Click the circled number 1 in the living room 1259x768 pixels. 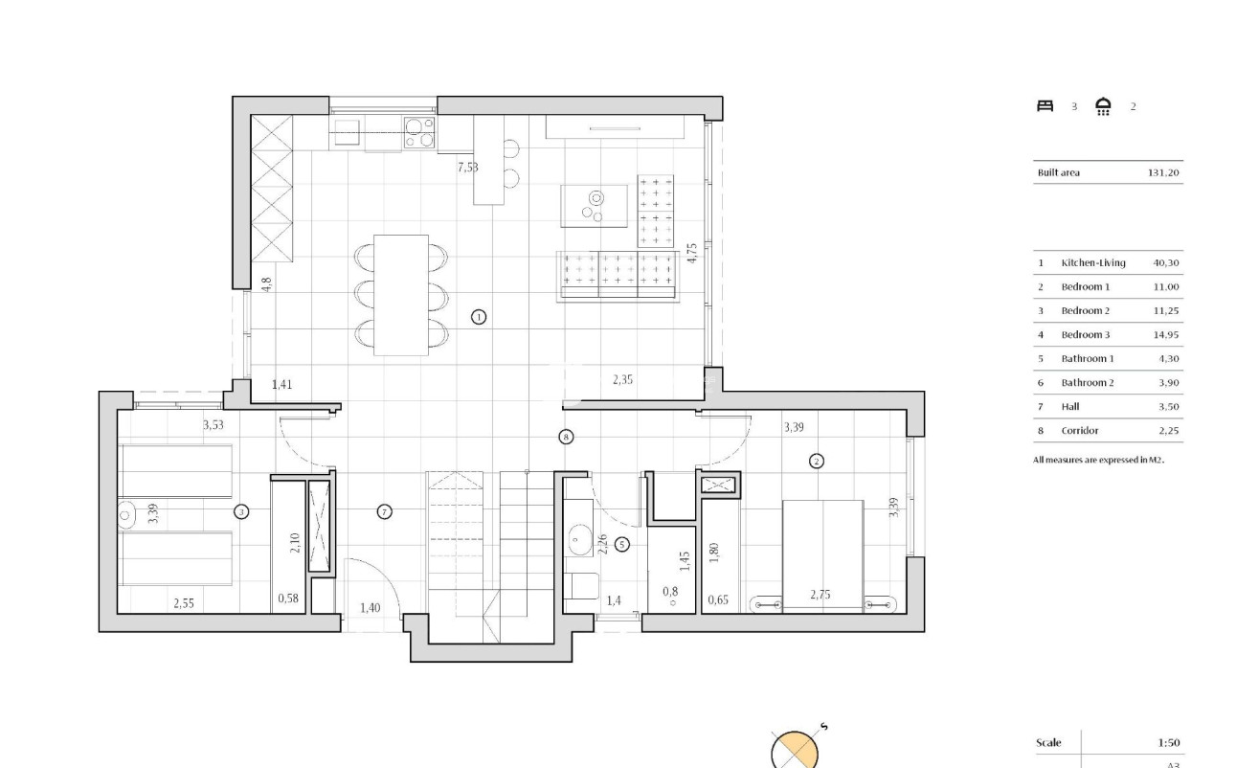[480, 316]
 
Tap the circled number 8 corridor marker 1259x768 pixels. [566, 437]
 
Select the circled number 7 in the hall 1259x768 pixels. [384, 512]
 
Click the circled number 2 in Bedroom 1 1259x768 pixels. [816, 461]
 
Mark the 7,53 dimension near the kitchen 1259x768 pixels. [468, 168]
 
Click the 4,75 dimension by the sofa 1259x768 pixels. [692, 253]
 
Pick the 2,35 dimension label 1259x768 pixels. [622, 380]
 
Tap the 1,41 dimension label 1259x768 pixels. [281, 385]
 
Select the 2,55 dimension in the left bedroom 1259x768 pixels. [184, 603]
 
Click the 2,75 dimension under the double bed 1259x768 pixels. [821, 595]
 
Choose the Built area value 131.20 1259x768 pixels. [1163, 173]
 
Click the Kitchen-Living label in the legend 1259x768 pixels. [1093, 262]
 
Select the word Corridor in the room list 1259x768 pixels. [1080, 431]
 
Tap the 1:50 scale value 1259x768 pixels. [1168, 742]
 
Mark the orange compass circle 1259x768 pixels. [796, 751]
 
